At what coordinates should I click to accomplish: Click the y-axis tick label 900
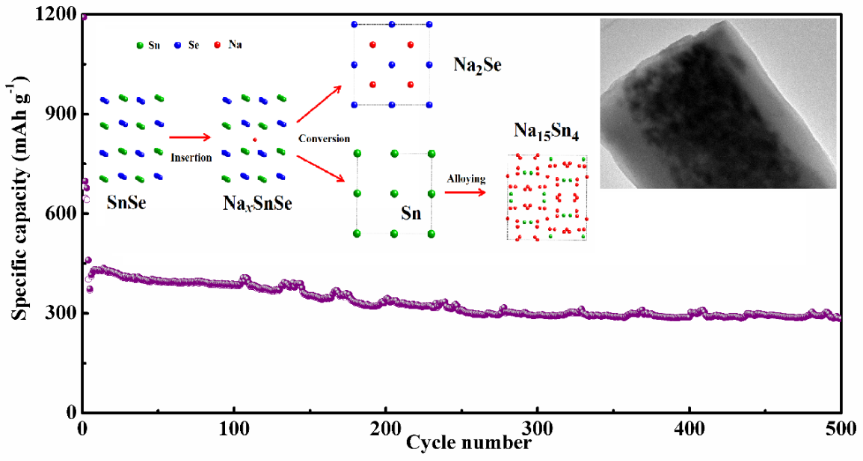pos(61,114)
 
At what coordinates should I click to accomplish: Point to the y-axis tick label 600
pos(61,214)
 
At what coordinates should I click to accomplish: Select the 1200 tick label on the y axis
pos(56,14)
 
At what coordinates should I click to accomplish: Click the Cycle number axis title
pos(469,442)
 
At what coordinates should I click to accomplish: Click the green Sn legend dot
pos(140,46)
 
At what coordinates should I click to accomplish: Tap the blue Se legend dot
pos(178,46)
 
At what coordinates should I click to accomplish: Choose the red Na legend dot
pos(218,45)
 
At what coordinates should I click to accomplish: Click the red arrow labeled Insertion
pos(190,137)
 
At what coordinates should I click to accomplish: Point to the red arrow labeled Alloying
pos(466,193)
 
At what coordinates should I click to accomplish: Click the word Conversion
pos(324,139)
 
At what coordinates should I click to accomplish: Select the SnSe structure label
pos(126,202)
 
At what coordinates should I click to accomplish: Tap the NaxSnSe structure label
pos(257,203)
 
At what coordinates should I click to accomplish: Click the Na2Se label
pos(477,66)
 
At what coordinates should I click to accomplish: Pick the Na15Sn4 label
pos(546,131)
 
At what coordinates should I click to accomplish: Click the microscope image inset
pos(718,103)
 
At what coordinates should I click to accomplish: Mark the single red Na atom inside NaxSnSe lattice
pos(254,140)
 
